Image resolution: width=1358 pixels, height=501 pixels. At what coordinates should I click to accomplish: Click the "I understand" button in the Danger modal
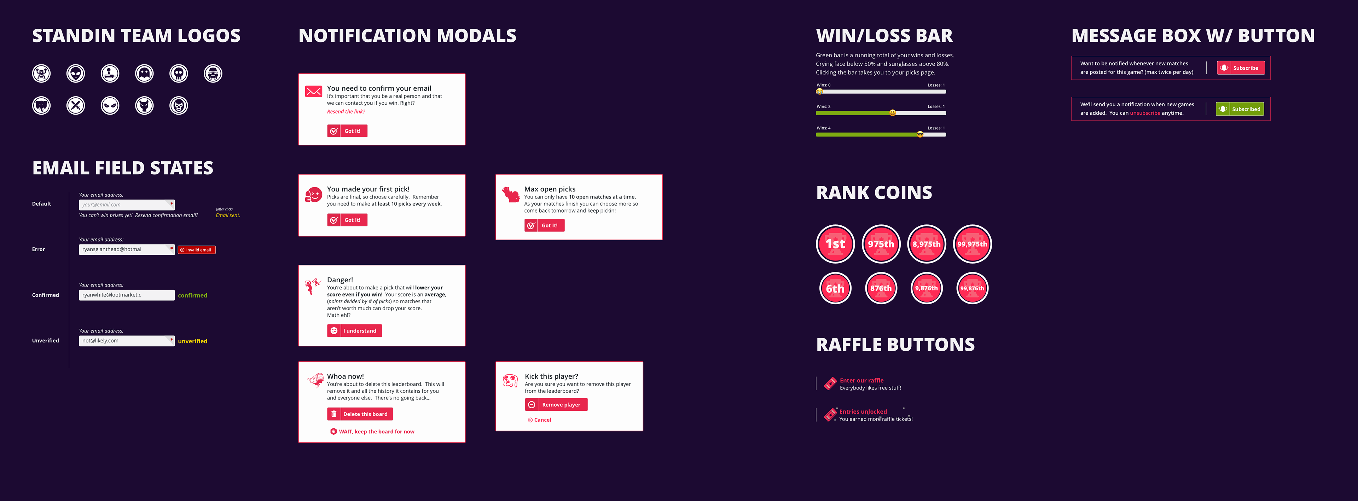(x=354, y=331)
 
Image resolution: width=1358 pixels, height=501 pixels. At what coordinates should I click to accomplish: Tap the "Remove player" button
(x=556, y=404)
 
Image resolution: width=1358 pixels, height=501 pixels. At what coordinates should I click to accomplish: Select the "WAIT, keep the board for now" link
(x=372, y=431)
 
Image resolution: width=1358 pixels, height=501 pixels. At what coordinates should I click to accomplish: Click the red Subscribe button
(x=1241, y=68)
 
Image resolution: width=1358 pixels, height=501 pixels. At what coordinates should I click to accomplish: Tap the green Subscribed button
(x=1240, y=109)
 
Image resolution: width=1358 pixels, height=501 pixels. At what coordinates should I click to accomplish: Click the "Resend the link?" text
(x=346, y=112)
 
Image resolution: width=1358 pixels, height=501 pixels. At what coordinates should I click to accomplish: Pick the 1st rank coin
(x=835, y=244)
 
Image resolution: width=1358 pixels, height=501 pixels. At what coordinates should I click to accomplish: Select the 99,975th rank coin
(x=972, y=244)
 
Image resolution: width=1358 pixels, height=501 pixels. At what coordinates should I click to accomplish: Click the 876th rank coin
(x=881, y=288)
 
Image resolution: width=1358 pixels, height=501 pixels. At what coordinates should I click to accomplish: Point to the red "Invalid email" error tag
(x=197, y=250)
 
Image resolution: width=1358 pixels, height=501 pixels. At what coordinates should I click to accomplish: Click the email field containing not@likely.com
(x=127, y=341)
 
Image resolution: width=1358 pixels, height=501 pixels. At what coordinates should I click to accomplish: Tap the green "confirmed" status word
(x=192, y=295)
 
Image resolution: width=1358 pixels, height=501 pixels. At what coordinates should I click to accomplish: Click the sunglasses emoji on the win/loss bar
(x=920, y=134)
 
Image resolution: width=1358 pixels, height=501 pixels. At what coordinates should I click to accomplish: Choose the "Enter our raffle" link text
(x=861, y=380)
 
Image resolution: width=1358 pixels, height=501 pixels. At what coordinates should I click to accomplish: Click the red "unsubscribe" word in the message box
(x=1145, y=113)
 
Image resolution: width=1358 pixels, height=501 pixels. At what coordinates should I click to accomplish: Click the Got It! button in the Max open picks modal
(x=545, y=225)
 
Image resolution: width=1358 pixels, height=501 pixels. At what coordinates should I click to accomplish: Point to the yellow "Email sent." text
(x=228, y=215)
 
